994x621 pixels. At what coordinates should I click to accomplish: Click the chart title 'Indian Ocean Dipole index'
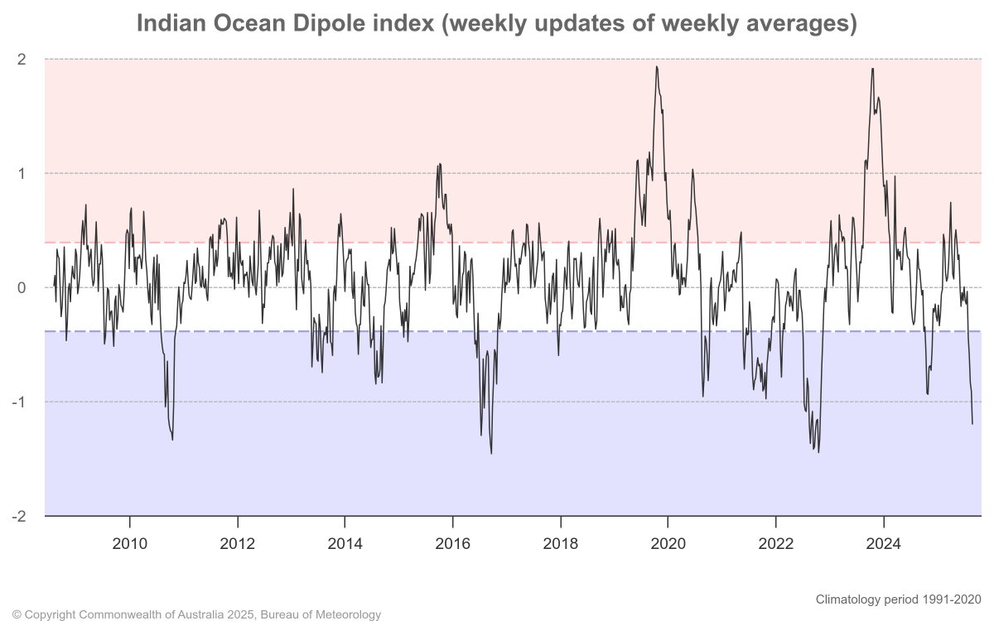tap(496, 24)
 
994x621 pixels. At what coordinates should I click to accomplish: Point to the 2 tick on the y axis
tap(22, 59)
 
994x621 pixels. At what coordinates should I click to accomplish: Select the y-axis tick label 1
tap(22, 173)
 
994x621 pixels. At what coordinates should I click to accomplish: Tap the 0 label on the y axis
tap(22, 287)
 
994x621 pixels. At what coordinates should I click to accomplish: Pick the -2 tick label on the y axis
tap(19, 516)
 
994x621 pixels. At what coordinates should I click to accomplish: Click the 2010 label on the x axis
tap(129, 544)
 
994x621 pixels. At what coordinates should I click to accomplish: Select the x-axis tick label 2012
tap(238, 544)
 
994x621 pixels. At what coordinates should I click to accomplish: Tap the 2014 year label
tap(345, 544)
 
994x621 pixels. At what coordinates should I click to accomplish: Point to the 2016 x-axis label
tap(453, 544)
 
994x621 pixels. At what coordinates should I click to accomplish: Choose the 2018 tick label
tap(561, 544)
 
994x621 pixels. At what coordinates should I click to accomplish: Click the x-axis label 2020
tap(668, 544)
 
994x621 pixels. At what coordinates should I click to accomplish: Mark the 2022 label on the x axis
tap(776, 544)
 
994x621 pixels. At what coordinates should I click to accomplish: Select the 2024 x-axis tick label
tap(884, 544)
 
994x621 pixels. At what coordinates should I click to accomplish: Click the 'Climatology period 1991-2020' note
tap(898, 599)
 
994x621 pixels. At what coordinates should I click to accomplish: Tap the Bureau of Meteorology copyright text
tap(197, 614)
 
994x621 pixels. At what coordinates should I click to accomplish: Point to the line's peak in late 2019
tap(657, 67)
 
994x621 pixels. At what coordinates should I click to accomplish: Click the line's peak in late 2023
tap(872, 69)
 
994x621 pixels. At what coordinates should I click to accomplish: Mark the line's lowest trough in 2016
tap(491, 453)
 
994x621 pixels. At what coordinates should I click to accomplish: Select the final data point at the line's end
tap(972, 424)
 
